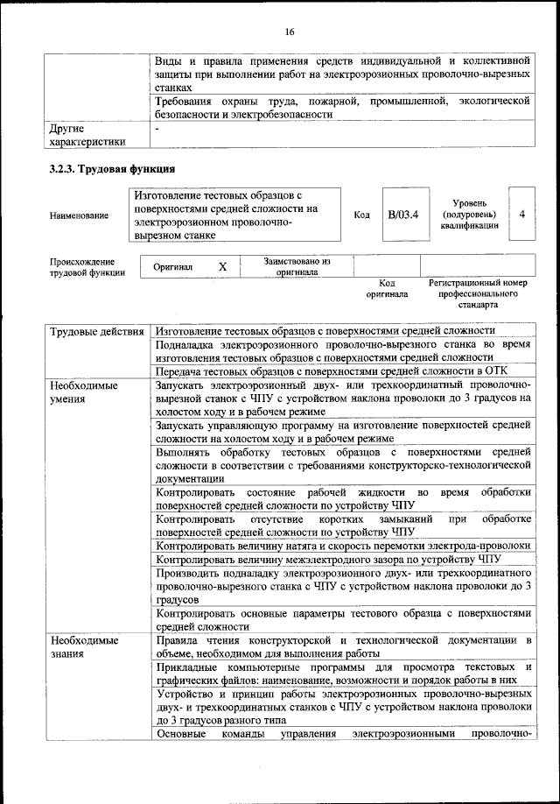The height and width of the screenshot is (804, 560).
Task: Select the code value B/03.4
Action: pyautogui.click(x=402, y=215)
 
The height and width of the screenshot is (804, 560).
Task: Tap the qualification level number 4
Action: pyautogui.click(x=521, y=214)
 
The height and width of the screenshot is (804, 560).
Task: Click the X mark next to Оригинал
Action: pyautogui.click(x=222, y=265)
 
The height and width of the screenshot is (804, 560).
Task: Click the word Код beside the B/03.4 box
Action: pyautogui.click(x=361, y=215)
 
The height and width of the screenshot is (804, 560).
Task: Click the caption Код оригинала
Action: pyautogui.click(x=387, y=288)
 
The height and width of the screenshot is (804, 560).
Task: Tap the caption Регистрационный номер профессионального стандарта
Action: pyautogui.click(x=478, y=294)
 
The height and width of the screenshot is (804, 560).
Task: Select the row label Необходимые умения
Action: pyautogui.click(x=84, y=391)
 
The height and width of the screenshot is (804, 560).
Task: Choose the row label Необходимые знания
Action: pyautogui.click(x=84, y=647)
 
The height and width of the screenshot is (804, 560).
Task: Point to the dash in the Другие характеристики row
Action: pyautogui.click(x=157, y=129)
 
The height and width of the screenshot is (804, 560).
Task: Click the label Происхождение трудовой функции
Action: pyautogui.click(x=87, y=266)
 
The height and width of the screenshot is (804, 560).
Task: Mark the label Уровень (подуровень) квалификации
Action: pyautogui.click(x=470, y=215)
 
